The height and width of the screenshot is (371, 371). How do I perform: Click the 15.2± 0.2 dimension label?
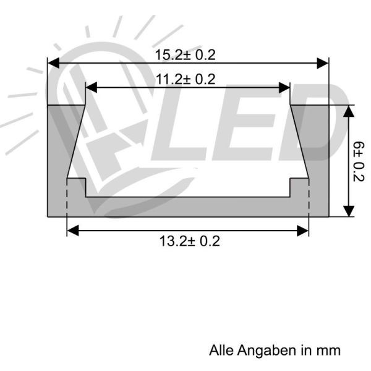click(185, 55)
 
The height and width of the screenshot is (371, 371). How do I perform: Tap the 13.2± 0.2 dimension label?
click(189, 241)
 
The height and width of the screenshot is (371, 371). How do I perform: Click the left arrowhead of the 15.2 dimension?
click(53, 63)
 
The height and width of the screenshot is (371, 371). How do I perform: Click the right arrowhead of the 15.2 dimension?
click(323, 63)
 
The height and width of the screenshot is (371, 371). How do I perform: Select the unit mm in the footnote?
click(329, 351)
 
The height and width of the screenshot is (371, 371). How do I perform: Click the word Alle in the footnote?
click(220, 351)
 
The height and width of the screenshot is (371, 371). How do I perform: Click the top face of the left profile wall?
click(66, 106)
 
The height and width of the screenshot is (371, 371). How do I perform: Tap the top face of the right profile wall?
click(309, 106)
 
